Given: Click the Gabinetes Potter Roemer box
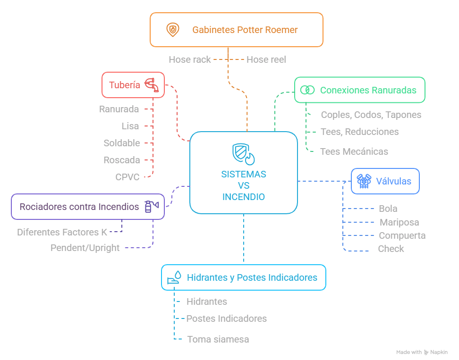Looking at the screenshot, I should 236,30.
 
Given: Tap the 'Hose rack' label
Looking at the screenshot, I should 190,59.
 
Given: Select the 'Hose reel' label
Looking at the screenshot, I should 266,59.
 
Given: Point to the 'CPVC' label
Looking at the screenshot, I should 127,177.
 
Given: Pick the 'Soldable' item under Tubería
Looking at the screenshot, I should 122,143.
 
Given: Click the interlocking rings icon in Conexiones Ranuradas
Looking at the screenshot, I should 307,90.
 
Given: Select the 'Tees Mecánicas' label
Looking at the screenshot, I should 354,151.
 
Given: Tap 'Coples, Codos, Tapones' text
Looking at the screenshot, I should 371,115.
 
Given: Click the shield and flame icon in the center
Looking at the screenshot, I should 244,154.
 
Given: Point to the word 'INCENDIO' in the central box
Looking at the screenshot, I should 244,197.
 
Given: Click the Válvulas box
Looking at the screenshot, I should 385,181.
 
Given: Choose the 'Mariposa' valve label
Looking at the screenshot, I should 399,222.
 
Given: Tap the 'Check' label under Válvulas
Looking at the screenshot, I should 391,249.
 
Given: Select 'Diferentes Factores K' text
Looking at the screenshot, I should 62,232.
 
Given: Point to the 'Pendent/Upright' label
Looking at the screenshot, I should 85,248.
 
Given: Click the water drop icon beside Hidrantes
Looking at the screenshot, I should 174,277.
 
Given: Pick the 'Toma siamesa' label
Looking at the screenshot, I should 218,339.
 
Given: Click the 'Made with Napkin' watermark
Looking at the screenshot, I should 422,352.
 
